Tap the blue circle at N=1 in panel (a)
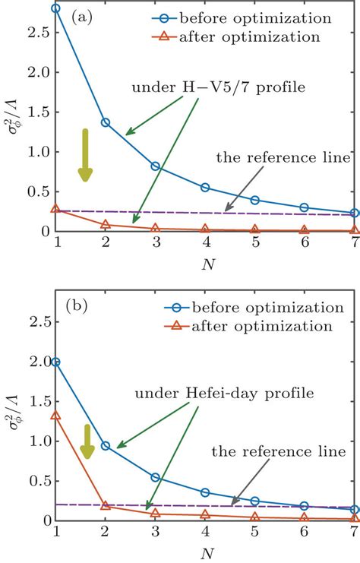(x=55, y=8)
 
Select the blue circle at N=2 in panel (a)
(x=105, y=122)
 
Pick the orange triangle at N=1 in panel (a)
(x=55, y=209)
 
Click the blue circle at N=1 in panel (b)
(x=55, y=362)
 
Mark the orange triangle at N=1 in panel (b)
(x=55, y=416)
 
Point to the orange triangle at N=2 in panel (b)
(x=105, y=504)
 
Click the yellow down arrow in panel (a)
(x=86, y=156)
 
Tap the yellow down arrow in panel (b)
(x=87, y=442)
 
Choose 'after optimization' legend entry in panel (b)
(x=266, y=325)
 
